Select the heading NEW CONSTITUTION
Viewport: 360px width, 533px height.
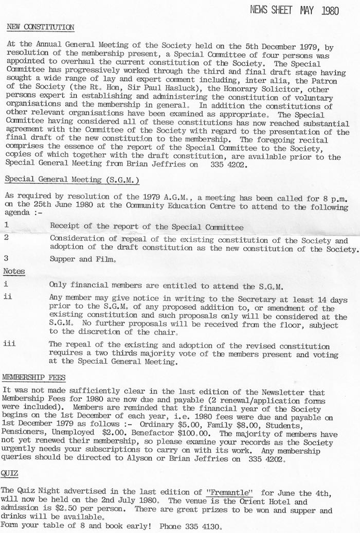click(x=41, y=27)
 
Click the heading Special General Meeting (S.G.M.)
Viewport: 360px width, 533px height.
click(x=73, y=180)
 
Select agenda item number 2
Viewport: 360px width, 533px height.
click(x=6, y=238)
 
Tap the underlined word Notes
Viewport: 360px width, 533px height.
click(x=14, y=271)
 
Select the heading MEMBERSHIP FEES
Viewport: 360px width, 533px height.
click(x=34, y=378)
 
